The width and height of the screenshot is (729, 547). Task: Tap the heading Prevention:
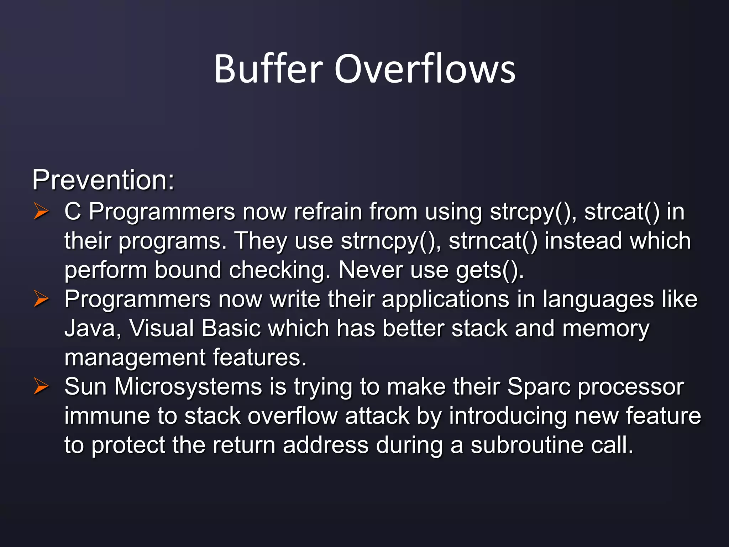(103, 180)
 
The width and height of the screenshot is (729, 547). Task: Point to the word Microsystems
(188, 387)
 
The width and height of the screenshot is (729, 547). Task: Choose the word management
(135, 358)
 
